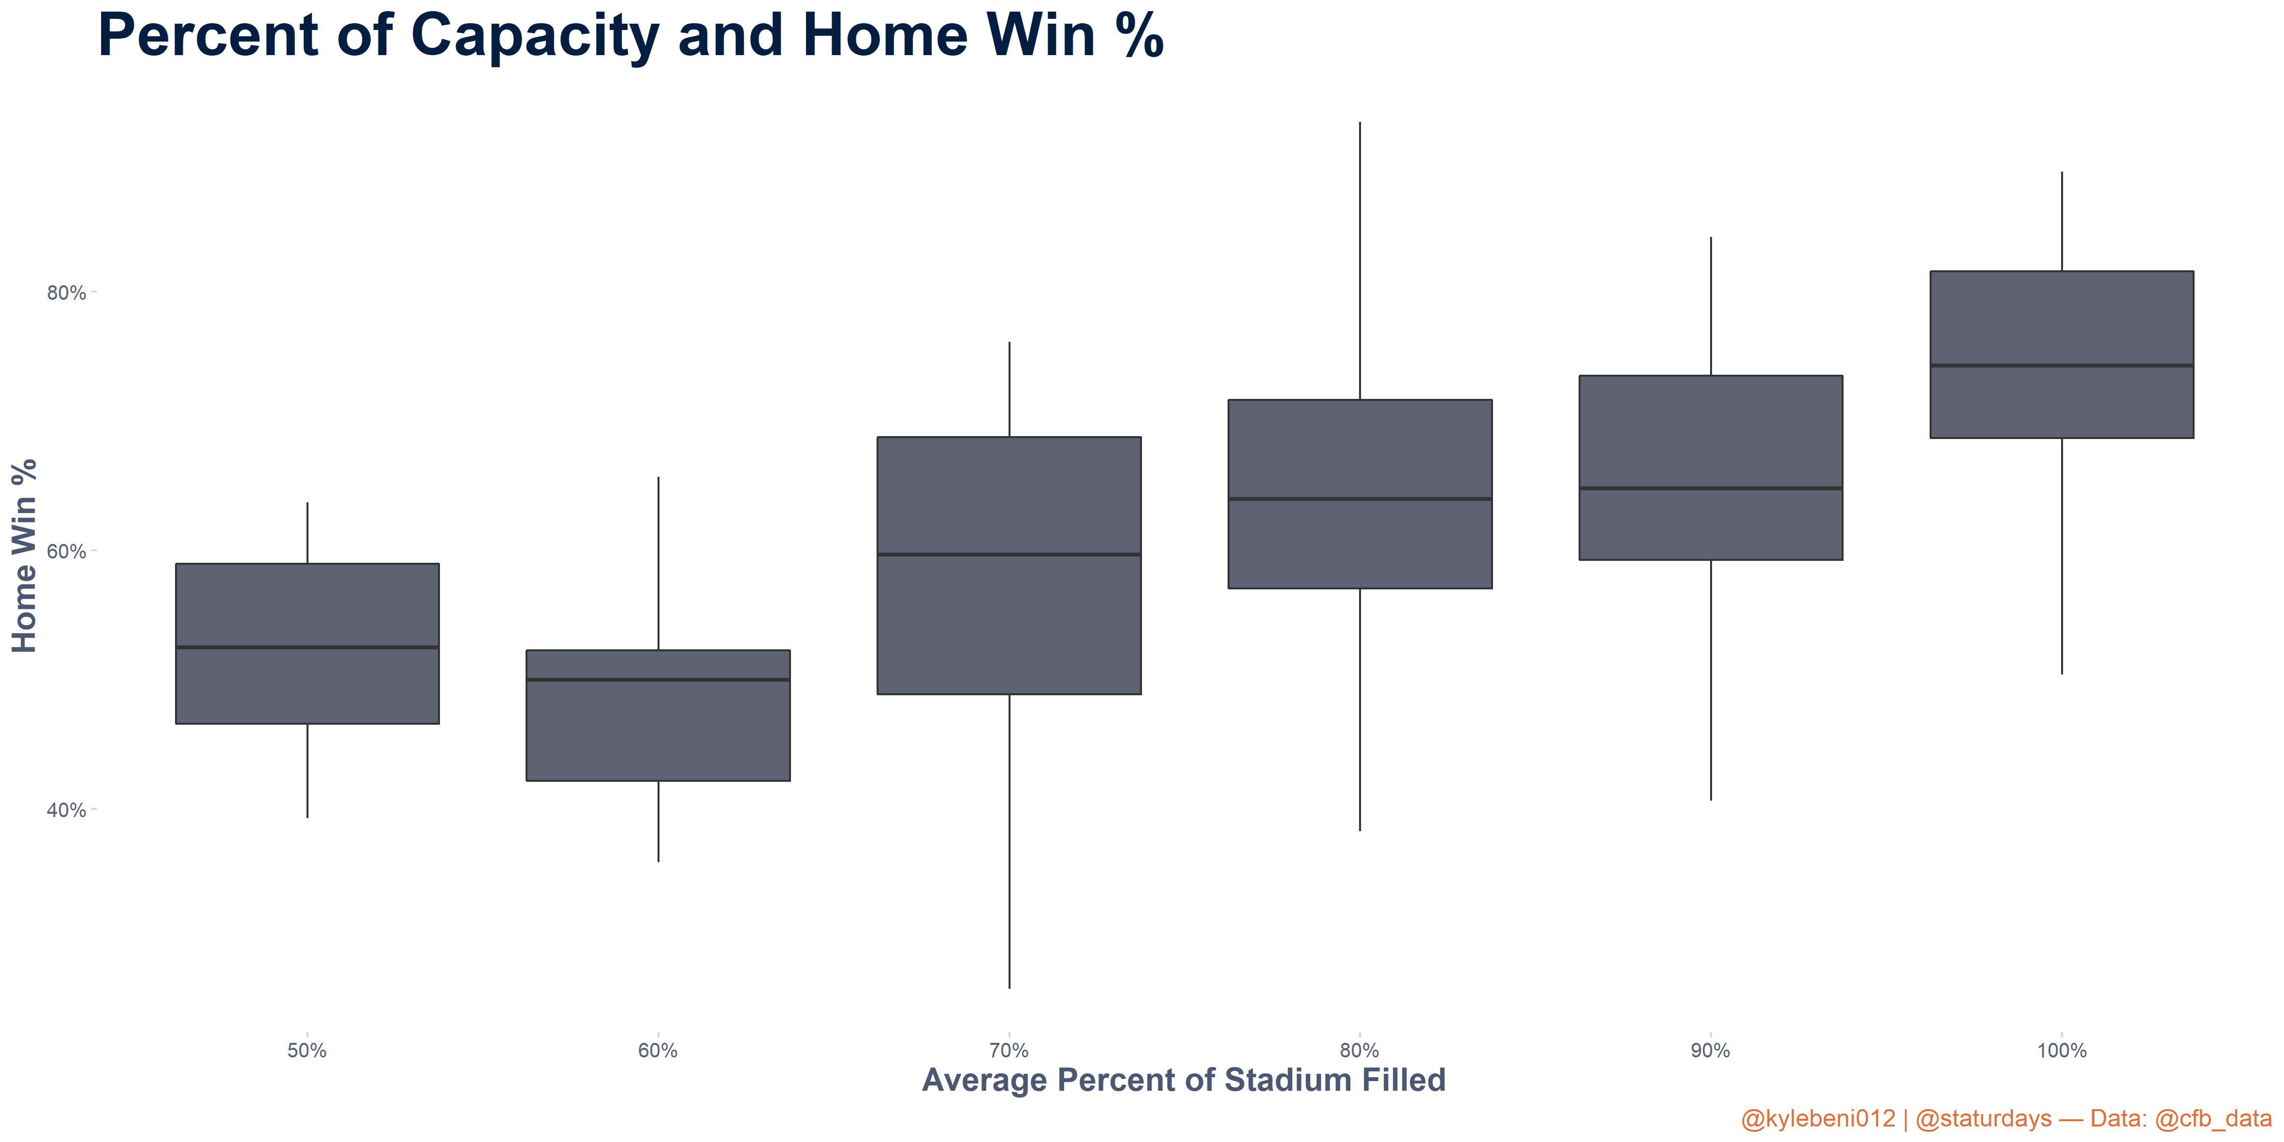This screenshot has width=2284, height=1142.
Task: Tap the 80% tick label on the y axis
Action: pyautogui.click(x=67, y=293)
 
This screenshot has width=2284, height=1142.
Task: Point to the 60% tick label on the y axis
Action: pyautogui.click(x=67, y=552)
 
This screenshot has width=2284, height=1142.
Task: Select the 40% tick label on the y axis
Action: pyautogui.click(x=67, y=810)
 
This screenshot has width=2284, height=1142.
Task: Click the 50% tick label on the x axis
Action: pyautogui.click(x=307, y=1051)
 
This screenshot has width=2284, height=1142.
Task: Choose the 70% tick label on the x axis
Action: pyautogui.click(x=1009, y=1051)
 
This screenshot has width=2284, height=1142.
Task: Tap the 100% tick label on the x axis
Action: pyautogui.click(x=2062, y=1051)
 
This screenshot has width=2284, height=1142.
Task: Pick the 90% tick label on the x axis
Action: pyautogui.click(x=1710, y=1051)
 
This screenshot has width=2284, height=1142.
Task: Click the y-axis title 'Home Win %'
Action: pyautogui.click(x=24, y=556)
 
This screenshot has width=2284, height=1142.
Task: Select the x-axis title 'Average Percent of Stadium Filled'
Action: pyautogui.click(x=1184, y=1080)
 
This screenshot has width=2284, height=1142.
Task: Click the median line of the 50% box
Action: pyautogui.click(x=307, y=647)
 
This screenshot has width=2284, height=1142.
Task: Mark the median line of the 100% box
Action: pyautogui.click(x=2062, y=366)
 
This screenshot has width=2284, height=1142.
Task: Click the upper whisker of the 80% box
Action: pyautogui.click(x=1360, y=261)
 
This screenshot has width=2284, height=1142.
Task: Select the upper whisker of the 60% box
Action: pyautogui.click(x=658, y=563)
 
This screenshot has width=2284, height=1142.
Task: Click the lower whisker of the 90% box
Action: pyautogui.click(x=1710, y=680)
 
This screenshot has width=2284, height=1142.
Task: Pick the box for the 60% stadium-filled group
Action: pyautogui.click(x=658, y=716)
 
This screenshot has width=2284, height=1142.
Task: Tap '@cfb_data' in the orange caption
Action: pyautogui.click(x=2213, y=1119)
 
